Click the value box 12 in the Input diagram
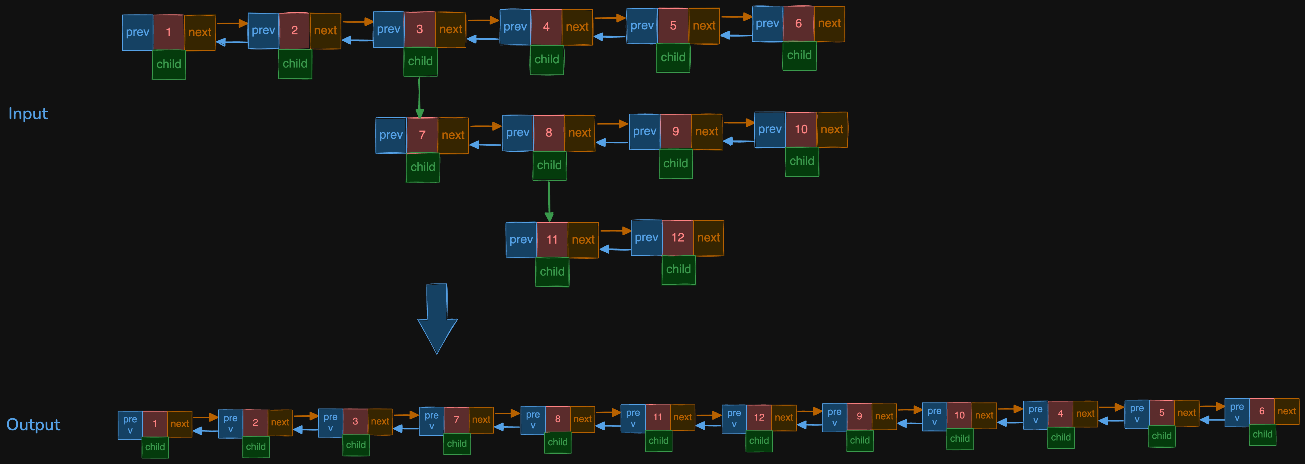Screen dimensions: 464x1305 point(677,238)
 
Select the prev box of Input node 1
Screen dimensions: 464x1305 point(137,33)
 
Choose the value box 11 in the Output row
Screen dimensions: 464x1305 point(657,417)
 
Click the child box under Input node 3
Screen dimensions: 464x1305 point(420,61)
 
